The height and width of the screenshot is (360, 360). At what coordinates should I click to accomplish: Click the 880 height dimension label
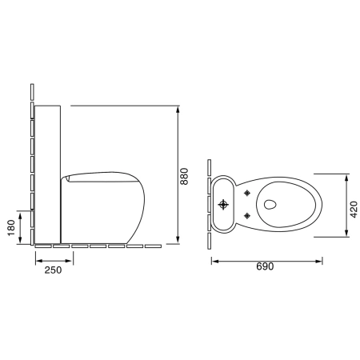184,176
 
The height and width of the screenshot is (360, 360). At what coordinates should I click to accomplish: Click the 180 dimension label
11,228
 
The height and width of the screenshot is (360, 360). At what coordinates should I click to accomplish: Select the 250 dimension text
53,270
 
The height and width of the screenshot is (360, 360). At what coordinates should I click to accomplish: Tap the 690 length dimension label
265,266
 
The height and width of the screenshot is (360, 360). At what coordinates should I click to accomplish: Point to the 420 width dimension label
354,210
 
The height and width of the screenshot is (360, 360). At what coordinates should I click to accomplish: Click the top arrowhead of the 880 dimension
178,110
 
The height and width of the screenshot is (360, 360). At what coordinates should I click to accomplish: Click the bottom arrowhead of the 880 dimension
178,240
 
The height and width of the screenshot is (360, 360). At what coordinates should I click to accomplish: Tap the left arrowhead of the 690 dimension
215,262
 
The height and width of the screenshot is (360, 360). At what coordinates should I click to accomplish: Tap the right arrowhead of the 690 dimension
318,262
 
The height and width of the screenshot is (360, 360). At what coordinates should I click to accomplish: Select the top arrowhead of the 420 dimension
346,178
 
